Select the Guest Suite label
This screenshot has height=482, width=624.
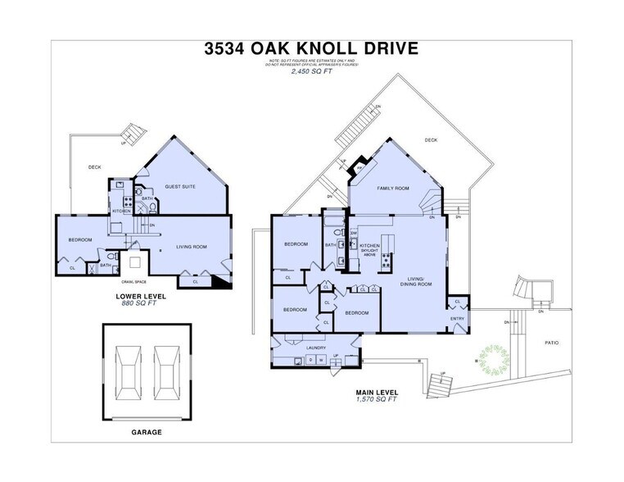(x=180, y=187)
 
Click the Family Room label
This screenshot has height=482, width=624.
(x=392, y=189)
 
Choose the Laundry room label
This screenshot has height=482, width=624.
(x=316, y=348)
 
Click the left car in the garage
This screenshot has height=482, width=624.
(x=127, y=371)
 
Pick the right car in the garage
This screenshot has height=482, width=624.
(x=167, y=371)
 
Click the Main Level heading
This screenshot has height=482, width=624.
(x=377, y=393)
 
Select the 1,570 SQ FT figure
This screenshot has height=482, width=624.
(x=377, y=400)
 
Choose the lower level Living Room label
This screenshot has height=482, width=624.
(x=190, y=246)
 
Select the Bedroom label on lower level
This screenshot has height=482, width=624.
(x=79, y=239)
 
